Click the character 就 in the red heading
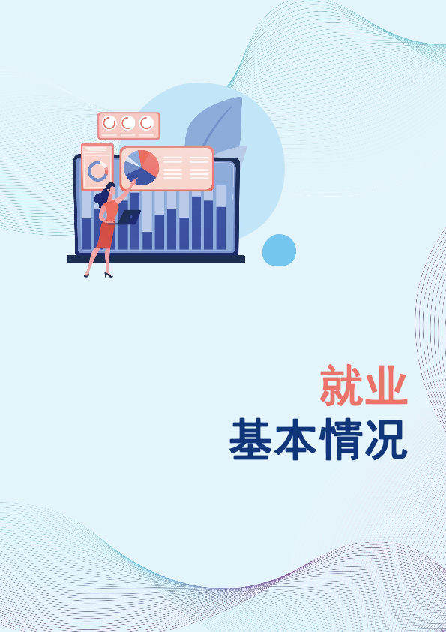(x=341, y=385)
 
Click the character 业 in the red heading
(x=386, y=385)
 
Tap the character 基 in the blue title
(x=250, y=439)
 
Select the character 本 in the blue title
(x=295, y=439)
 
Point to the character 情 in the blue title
(x=340, y=439)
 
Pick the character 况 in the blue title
(x=386, y=439)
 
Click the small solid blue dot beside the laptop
(x=279, y=250)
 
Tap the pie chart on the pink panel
(x=141, y=167)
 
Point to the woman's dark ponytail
(x=100, y=197)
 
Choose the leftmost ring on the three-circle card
(x=109, y=123)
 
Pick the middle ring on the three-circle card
(x=128, y=123)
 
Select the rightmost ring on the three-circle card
(x=146, y=123)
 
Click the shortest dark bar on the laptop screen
(x=148, y=241)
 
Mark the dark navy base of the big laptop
(x=156, y=259)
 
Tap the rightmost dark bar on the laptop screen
(x=221, y=228)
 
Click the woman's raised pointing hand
(x=133, y=182)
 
